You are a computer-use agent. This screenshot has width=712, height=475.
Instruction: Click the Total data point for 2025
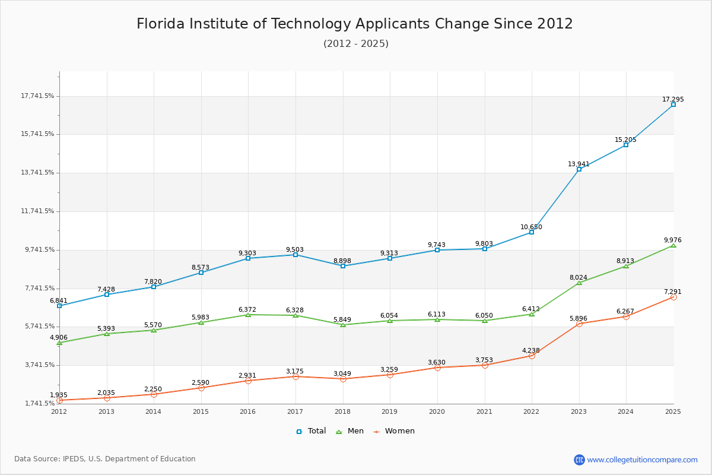click(x=673, y=104)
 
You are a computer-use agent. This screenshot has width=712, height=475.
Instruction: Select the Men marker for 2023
click(x=579, y=283)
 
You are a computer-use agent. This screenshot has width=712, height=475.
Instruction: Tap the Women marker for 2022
click(x=532, y=356)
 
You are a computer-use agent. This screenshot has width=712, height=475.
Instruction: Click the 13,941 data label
click(x=578, y=164)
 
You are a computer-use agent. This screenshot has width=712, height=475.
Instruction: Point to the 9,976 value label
click(x=672, y=240)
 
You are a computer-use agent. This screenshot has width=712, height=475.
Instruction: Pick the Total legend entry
click(x=311, y=431)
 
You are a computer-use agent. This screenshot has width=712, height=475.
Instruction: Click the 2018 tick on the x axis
click(x=343, y=411)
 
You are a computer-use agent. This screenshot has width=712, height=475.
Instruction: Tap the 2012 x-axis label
click(x=59, y=411)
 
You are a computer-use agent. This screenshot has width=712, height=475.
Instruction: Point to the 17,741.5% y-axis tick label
click(x=37, y=96)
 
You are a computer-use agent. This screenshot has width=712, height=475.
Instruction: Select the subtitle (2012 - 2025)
click(x=356, y=44)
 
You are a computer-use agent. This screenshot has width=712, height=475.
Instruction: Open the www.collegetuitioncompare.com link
click(x=642, y=460)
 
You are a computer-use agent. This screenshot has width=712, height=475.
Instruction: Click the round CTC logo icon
click(x=579, y=460)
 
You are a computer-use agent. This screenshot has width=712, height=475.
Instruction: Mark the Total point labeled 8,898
click(x=343, y=266)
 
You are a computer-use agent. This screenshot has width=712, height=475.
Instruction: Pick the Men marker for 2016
click(x=248, y=315)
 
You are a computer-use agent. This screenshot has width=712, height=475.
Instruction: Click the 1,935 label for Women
click(x=59, y=395)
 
